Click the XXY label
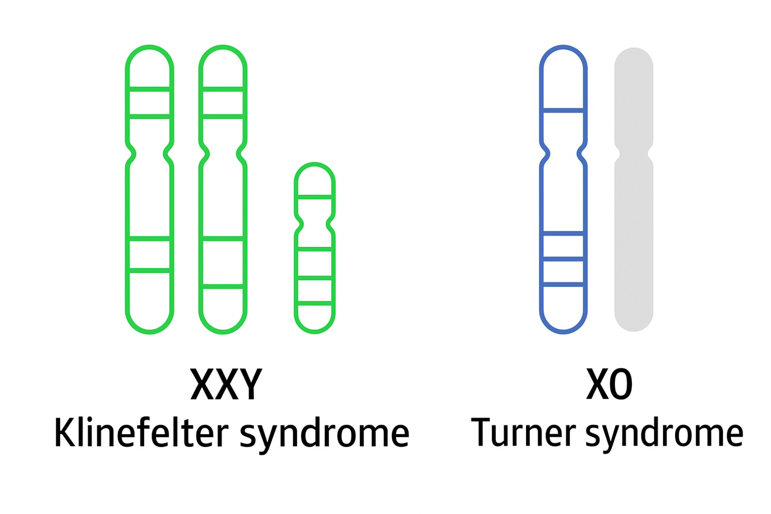click(x=226, y=384)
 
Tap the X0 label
click(x=609, y=384)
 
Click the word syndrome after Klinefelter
click(x=324, y=435)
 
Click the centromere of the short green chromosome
click(x=315, y=222)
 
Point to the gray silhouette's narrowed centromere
click(x=633, y=153)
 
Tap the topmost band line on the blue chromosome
click(x=563, y=109)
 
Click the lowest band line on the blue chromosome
click(x=563, y=285)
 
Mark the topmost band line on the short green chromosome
click(x=315, y=197)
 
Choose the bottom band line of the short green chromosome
click(x=315, y=303)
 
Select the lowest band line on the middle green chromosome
click(x=223, y=287)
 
